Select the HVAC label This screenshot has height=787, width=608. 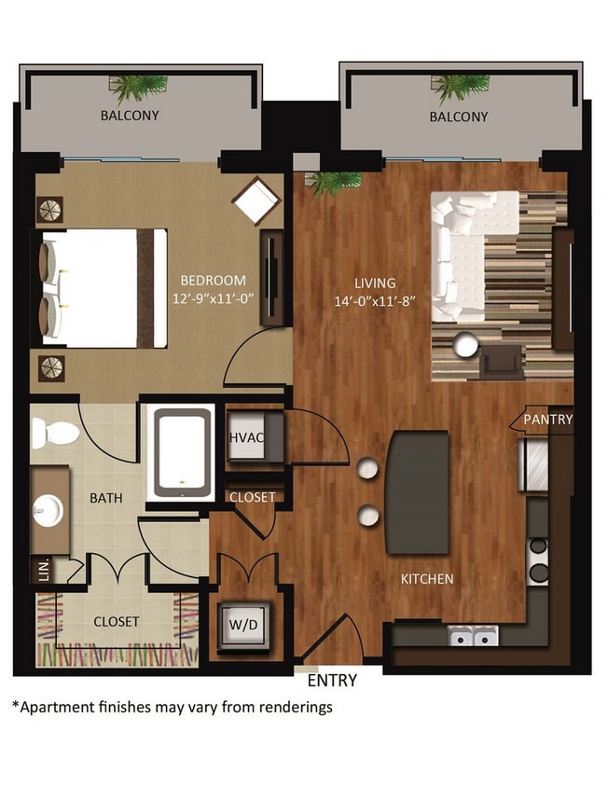coord(244,437)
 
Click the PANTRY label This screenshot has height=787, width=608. coord(547,420)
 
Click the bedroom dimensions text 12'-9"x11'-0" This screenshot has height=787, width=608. coord(212,298)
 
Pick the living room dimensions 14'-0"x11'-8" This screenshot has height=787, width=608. coord(374,301)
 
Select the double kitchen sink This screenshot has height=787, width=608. coord(473,636)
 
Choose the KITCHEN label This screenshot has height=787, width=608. coord(427,579)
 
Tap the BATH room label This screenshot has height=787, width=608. coord(106,499)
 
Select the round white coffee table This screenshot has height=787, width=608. coord(463,346)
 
